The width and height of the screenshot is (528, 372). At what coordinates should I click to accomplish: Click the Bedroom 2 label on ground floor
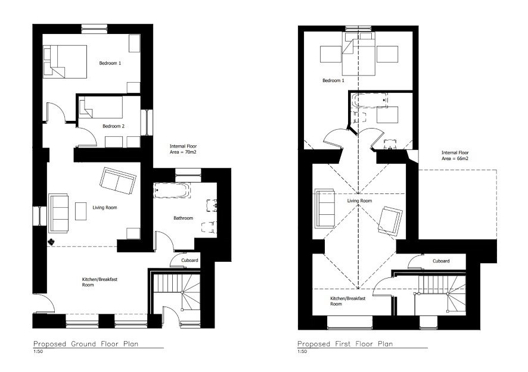tap(113, 126)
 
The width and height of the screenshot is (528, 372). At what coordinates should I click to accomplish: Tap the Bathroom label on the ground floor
tap(183, 218)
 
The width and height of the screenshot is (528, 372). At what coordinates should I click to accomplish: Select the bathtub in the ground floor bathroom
tap(172, 190)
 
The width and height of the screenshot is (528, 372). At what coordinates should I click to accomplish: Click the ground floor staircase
tap(176, 292)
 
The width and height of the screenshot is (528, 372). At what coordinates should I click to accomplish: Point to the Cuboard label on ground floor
tap(190, 260)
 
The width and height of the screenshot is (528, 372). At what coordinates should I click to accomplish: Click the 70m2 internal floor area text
tap(183, 149)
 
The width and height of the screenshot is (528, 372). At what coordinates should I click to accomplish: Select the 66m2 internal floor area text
tap(455, 155)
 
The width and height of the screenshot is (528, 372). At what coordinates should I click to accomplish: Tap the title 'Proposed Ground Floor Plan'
tap(86, 344)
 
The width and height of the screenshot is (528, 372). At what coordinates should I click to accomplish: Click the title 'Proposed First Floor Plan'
tap(345, 344)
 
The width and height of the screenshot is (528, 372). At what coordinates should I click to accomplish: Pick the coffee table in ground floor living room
tap(81, 211)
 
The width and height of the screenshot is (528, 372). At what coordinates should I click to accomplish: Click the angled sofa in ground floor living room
tap(118, 180)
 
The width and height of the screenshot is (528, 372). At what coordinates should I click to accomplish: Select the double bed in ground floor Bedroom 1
tap(65, 62)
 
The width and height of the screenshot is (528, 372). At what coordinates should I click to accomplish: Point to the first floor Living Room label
tap(359, 201)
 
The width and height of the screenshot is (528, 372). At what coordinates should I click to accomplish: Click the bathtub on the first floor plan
tap(369, 100)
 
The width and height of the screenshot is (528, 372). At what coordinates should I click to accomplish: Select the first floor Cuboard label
tap(441, 261)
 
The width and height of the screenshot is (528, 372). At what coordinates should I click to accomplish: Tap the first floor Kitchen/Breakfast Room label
tap(347, 301)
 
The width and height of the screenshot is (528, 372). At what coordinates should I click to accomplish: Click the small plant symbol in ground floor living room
tap(51, 241)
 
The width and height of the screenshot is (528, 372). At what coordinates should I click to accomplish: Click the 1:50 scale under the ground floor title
tap(38, 352)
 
